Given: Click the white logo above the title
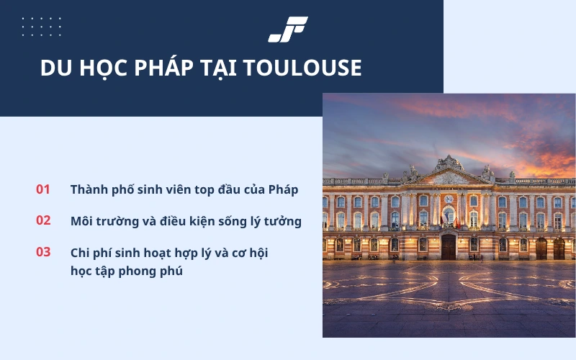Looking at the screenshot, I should pyautogui.click(x=288, y=29).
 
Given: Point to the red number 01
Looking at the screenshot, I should pyautogui.click(x=43, y=189).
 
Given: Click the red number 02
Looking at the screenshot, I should pyautogui.click(x=43, y=220).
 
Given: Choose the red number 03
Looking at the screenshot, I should pyautogui.click(x=43, y=252).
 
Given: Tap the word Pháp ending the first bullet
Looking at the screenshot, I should pyautogui.click(x=283, y=190).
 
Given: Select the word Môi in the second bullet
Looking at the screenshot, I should pyautogui.click(x=82, y=221).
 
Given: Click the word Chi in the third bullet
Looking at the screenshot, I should pyautogui.click(x=80, y=253).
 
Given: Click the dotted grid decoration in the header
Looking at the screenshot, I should pyautogui.click(x=42, y=27).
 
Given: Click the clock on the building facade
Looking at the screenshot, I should pyautogui.click(x=449, y=199).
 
